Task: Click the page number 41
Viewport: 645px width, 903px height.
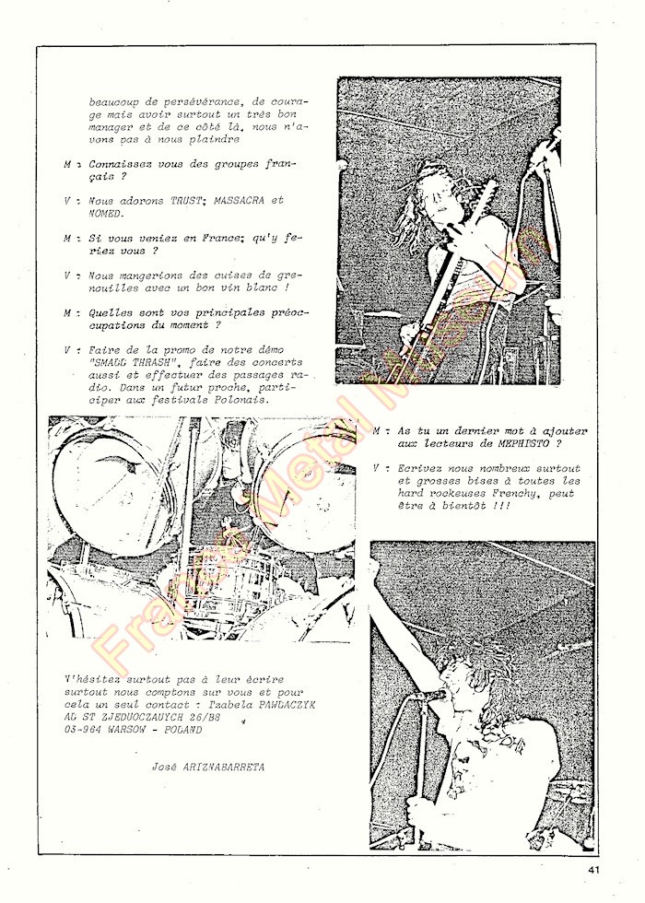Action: pos(591,867)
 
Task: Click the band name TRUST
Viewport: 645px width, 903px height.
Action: pos(187,200)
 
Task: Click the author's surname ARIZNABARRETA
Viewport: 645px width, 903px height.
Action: pos(218,766)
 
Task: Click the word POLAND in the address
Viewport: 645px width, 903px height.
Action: pos(183,729)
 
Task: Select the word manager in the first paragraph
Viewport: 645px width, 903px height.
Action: pos(111,128)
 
